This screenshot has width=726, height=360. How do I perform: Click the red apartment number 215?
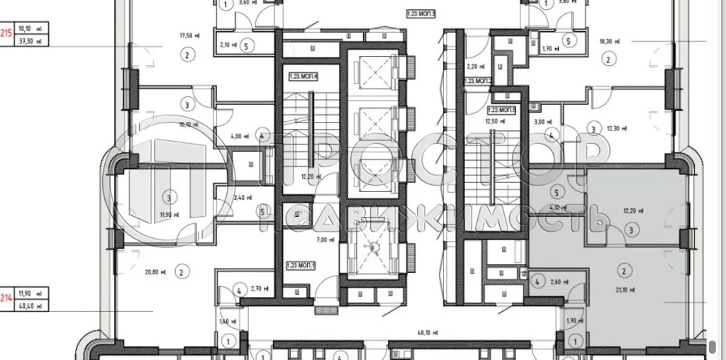[x=6, y=31]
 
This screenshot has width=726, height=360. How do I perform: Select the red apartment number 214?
[x=6, y=298]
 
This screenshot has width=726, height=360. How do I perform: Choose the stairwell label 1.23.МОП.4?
[x=303, y=76]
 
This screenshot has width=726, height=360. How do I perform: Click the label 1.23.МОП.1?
[x=301, y=265]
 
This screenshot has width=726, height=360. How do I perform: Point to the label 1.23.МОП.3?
[x=420, y=13]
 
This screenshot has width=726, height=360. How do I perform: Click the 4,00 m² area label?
[x=236, y=136]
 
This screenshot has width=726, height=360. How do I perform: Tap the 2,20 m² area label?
[x=474, y=67]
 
